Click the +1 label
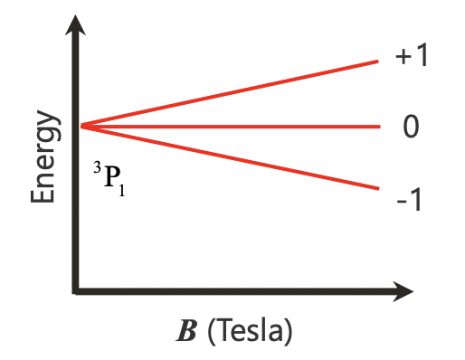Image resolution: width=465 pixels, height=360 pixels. point(411,56)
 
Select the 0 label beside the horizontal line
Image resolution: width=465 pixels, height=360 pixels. point(411,127)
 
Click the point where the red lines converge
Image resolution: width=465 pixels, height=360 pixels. point(81,126)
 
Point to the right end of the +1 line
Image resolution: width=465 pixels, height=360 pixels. point(377,61)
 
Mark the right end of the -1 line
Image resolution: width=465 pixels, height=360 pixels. point(377,188)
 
